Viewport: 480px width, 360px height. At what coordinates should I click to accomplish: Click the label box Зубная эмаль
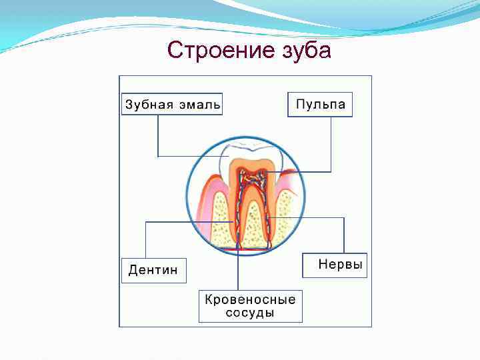coord(172,105)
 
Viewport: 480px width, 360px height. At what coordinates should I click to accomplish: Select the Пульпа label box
coord(320,105)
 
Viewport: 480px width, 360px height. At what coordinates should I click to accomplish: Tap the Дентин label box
coord(153,270)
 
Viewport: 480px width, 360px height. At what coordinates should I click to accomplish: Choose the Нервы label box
coord(335,265)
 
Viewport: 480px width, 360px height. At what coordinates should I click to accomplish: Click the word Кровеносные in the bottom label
coord(250,299)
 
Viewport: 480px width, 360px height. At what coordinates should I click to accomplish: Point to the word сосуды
coord(250,313)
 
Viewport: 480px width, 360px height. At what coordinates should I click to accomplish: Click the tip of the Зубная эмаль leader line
coord(228,156)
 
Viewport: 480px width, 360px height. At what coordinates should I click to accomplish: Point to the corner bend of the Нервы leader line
coord(343,218)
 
